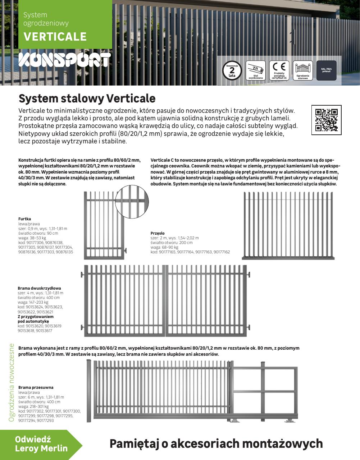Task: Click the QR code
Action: coord(326,120)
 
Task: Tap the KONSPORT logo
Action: coord(64,60)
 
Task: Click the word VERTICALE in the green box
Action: coord(55,37)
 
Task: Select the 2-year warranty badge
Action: coord(232,70)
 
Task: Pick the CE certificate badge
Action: coord(279,70)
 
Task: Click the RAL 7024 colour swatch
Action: coord(326,70)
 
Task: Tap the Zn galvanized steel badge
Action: coord(256,70)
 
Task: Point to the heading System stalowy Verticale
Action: coord(87,98)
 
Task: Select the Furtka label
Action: coord(24,219)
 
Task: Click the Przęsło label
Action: coord(158,233)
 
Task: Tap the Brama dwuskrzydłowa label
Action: coord(39,288)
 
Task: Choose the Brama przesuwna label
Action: coord(36,387)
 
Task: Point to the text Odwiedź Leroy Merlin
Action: coord(41,444)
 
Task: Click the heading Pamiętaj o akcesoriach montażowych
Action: coord(216,443)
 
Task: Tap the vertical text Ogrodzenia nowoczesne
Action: coord(12,382)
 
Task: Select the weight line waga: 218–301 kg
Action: coord(33,406)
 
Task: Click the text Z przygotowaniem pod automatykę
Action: coord(36,319)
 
